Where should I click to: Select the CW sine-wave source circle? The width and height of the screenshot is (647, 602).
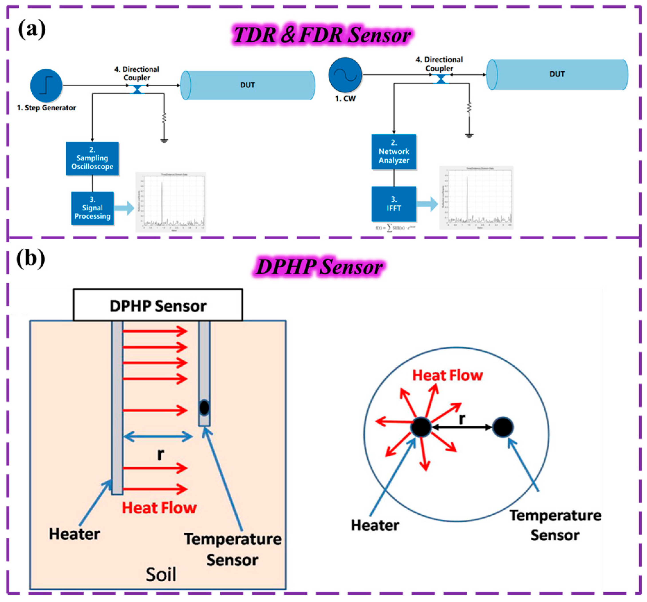pos(345,75)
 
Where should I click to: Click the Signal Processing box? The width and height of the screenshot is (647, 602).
pos(93,208)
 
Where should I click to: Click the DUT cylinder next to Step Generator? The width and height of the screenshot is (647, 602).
pos(248,85)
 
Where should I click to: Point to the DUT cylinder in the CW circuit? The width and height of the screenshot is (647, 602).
pos(557,74)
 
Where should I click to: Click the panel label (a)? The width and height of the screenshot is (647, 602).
pos(32,29)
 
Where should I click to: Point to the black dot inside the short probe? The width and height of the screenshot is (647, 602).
pos(204,407)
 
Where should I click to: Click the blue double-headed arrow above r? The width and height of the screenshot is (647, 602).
pos(158,436)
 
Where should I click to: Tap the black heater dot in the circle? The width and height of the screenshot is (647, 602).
pos(421,427)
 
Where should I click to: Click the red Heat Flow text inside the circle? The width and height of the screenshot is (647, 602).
pos(448,375)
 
